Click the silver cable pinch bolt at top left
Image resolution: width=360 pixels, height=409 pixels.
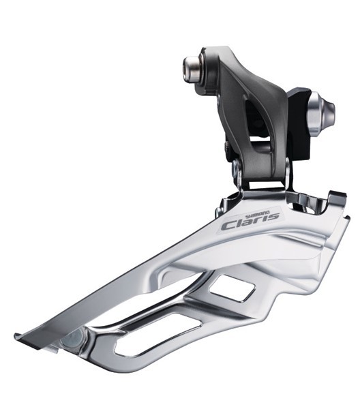pyautogui.click(x=193, y=67)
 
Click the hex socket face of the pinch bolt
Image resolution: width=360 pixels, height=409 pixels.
pyautogui.click(x=187, y=67)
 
